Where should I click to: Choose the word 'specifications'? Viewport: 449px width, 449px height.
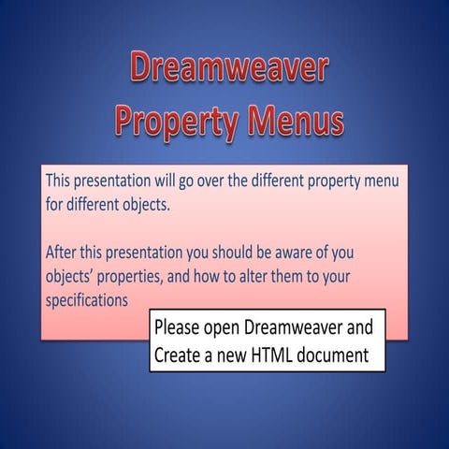point(86,301)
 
